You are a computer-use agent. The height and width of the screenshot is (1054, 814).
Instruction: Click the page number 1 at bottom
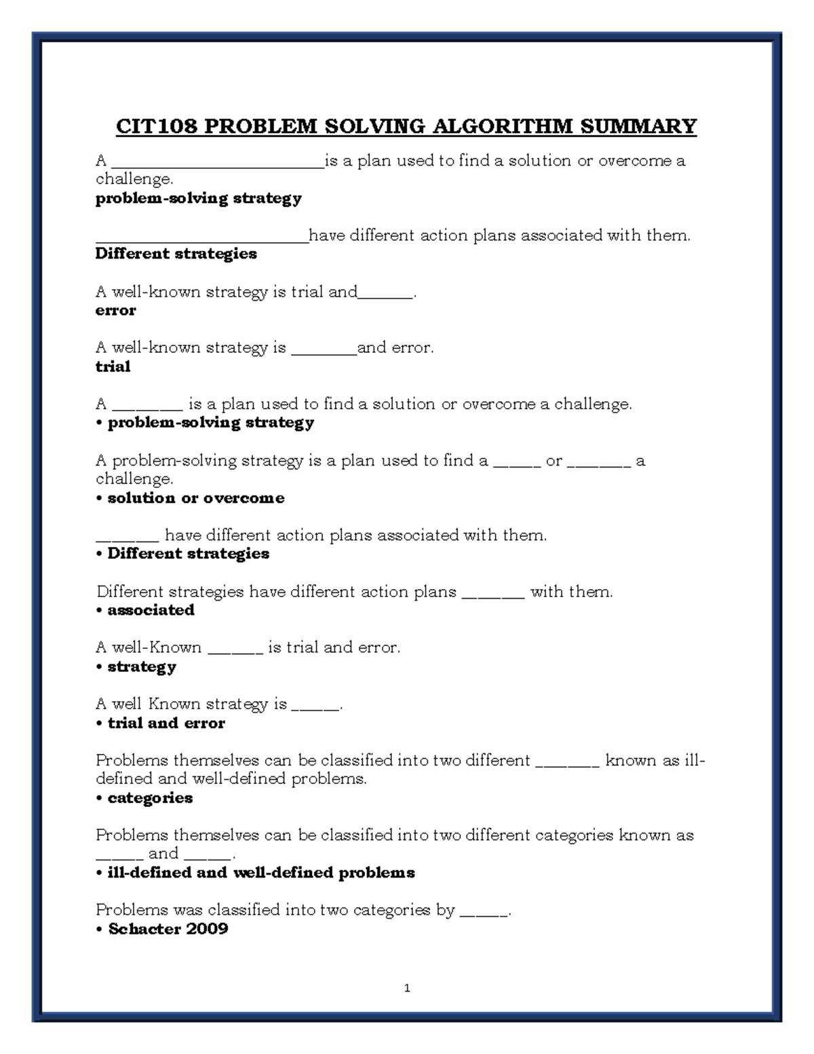coord(407,988)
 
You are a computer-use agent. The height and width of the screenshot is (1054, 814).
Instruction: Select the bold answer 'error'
coord(115,311)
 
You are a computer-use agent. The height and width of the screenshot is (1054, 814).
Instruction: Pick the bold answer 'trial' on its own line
coord(113,367)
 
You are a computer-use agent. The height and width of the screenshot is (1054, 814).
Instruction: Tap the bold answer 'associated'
coord(151,610)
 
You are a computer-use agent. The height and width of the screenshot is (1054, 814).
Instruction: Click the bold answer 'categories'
coord(150,798)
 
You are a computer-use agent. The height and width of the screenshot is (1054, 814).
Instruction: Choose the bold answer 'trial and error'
coord(166,723)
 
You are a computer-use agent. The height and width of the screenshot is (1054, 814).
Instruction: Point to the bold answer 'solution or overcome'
coord(196,498)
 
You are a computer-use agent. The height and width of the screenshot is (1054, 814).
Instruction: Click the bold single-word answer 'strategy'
coord(142,667)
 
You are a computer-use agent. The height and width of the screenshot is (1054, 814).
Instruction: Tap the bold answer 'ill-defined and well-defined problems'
coord(261,873)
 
